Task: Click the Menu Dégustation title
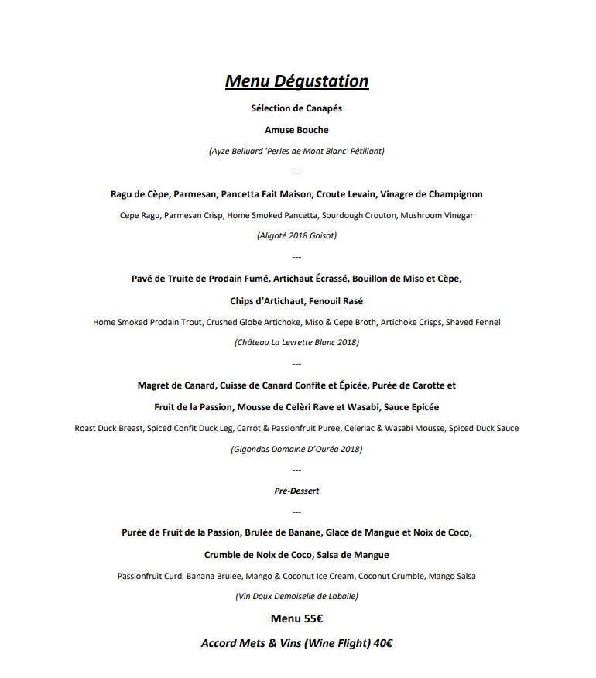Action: point(296,81)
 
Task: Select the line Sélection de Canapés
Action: point(296,108)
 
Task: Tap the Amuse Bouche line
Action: point(296,130)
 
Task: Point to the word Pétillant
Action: point(365,151)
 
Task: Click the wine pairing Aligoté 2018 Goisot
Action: point(296,235)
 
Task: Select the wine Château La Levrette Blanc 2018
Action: point(296,341)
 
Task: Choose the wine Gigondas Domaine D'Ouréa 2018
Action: point(296,448)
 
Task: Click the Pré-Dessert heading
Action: point(296,491)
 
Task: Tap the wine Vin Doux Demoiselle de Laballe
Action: point(296,596)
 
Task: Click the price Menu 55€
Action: point(296,618)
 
